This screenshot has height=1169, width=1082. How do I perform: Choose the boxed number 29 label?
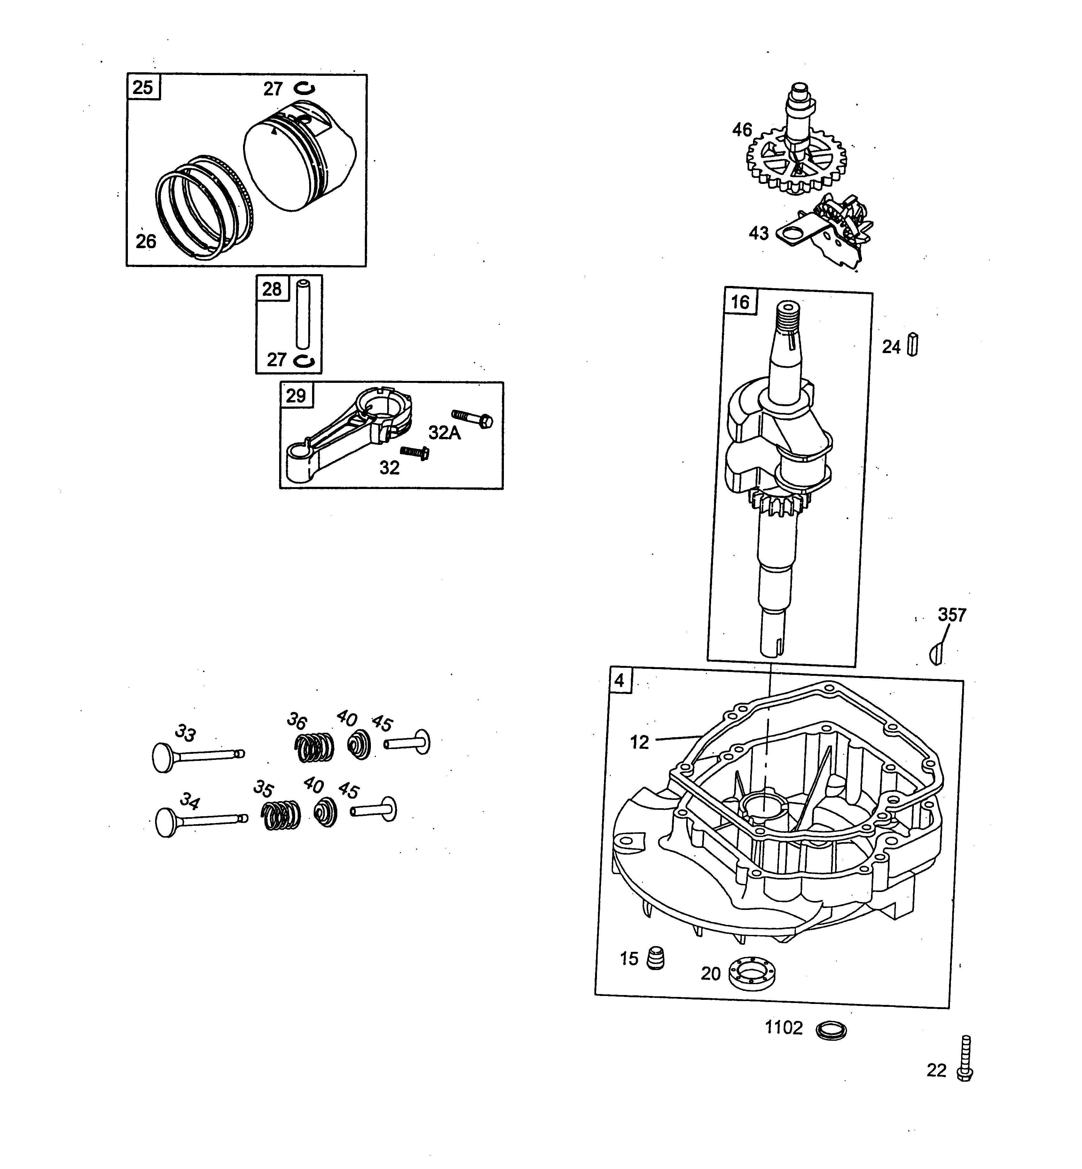(296, 396)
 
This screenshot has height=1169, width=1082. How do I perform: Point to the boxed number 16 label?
(740, 302)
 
